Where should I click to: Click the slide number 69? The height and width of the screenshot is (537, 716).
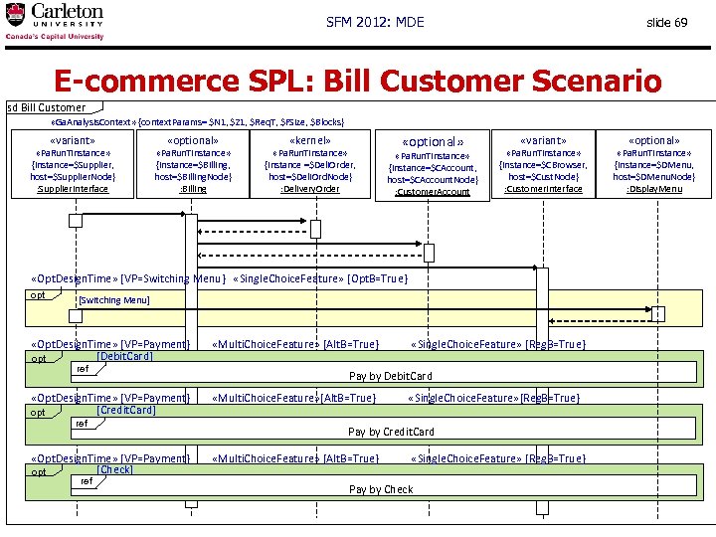pyautogui.click(x=666, y=22)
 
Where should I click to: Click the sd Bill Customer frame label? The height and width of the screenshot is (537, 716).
pyautogui.click(x=48, y=107)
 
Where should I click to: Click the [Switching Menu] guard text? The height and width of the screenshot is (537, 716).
pyautogui.click(x=113, y=299)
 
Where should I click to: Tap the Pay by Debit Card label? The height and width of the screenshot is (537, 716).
pyautogui.click(x=391, y=376)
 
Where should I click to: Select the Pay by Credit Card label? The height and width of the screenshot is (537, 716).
pyautogui.click(x=391, y=432)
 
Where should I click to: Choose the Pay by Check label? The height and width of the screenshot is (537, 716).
pyautogui.click(x=381, y=489)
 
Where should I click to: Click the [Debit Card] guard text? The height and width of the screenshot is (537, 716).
pyautogui.click(x=124, y=356)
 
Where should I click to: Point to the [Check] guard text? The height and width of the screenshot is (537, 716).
pyautogui.click(x=115, y=469)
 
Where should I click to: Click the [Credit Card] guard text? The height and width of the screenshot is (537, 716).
pyautogui.click(x=126, y=410)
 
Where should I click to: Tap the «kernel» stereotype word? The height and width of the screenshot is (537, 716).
pyautogui.click(x=310, y=141)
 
